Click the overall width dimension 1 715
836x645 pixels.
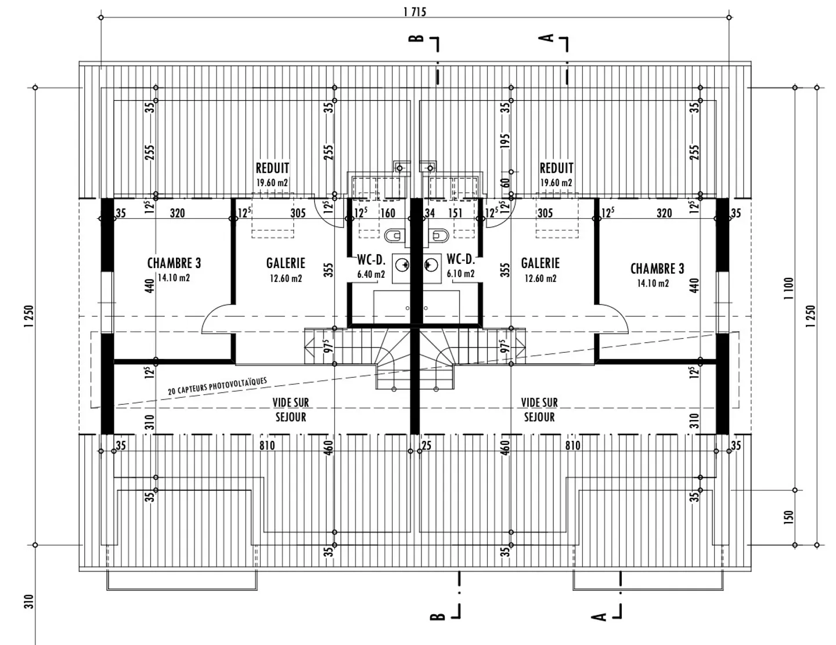tap(415, 12)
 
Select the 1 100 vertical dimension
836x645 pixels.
tap(788, 288)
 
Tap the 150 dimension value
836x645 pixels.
tap(788, 517)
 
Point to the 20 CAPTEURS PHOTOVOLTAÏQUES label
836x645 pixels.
tap(218, 386)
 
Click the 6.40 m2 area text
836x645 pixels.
tap(371, 274)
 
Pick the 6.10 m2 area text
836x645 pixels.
tap(460, 274)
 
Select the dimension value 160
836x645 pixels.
tap(387, 213)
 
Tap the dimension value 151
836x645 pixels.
tap(456, 213)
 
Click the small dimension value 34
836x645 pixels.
tap(430, 213)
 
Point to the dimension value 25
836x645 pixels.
tap(427, 446)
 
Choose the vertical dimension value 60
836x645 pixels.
tap(505, 183)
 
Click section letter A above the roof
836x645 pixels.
tap(546, 38)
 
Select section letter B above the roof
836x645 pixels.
tap(416, 38)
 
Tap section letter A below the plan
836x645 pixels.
tap(599, 616)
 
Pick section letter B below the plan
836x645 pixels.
tap(437, 616)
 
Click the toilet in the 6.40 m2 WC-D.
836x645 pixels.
tap(393, 235)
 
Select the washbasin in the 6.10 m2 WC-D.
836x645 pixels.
tap(430, 265)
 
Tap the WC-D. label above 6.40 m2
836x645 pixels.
tap(371, 260)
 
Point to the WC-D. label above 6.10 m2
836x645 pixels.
tap(461, 260)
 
